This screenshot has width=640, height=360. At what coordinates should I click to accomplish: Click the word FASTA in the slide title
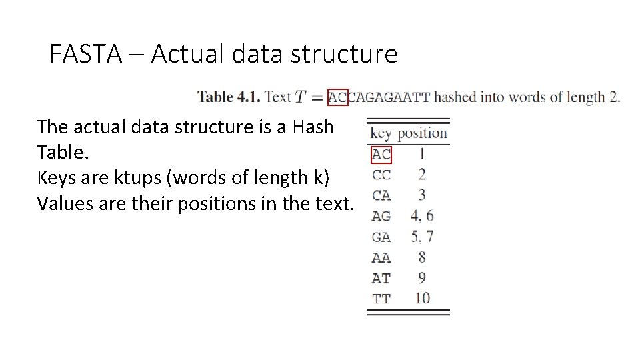tap(85, 54)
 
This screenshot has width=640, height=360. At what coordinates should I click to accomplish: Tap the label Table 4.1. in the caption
tap(225, 97)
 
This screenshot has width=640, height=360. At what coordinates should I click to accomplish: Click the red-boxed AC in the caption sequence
tap(338, 98)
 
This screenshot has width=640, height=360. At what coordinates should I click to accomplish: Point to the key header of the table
tap(380, 133)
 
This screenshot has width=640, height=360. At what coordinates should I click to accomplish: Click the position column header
tap(422, 133)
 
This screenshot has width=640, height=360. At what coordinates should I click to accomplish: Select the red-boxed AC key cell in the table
tap(381, 155)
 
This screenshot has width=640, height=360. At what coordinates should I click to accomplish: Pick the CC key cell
tap(381, 175)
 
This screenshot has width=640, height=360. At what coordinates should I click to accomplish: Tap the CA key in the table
tap(381, 196)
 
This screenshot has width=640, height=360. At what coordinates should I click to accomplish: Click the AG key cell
tap(381, 217)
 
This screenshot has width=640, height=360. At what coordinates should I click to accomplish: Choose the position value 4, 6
tap(422, 217)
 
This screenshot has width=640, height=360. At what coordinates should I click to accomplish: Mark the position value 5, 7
tap(422, 237)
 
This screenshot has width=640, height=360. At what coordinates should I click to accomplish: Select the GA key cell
tap(381, 237)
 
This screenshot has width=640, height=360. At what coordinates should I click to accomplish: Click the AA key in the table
tap(381, 258)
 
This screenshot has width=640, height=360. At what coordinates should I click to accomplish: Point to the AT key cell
tap(381, 279)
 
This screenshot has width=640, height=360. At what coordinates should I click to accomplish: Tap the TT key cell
tap(381, 299)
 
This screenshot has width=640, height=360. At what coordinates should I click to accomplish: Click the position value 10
tap(422, 299)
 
